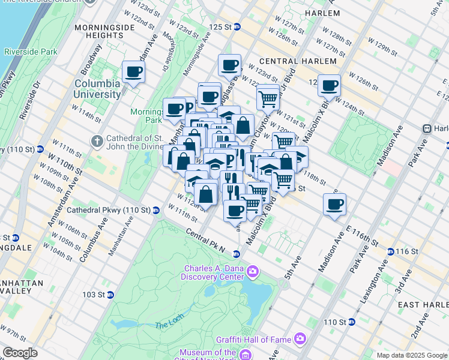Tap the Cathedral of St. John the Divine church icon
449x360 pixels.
[x=97, y=140]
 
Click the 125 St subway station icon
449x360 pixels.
[x=237, y=27]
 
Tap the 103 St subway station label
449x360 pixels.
[x=93, y=295]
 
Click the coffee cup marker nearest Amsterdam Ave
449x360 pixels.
[x=133, y=73]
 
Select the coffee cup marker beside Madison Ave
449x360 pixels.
[x=334, y=204]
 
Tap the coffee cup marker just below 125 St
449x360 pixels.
[x=229, y=65]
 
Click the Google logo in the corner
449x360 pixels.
[x=20, y=353]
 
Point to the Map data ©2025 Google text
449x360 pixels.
[x=411, y=355]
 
